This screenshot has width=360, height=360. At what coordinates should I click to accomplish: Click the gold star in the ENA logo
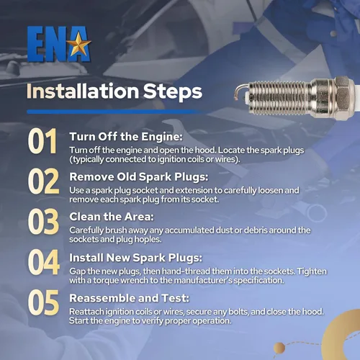click(x=78, y=44)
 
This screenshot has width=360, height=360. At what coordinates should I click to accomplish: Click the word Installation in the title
click(x=83, y=91)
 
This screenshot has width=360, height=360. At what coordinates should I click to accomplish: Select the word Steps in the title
click(x=173, y=92)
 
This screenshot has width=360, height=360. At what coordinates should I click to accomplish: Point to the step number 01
click(x=42, y=141)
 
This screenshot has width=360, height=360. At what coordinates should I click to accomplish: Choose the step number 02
click(x=43, y=181)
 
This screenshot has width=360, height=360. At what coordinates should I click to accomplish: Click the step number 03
click(x=43, y=221)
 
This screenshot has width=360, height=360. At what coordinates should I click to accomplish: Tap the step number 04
click(x=44, y=262)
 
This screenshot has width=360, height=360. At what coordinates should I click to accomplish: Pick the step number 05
click(x=43, y=302)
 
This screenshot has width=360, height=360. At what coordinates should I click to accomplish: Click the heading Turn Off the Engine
click(x=126, y=137)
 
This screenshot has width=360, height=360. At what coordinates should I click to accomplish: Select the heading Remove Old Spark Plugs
click(x=139, y=177)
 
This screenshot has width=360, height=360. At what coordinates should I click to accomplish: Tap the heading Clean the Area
click(x=112, y=217)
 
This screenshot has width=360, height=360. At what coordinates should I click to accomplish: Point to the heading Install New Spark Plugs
click(x=136, y=258)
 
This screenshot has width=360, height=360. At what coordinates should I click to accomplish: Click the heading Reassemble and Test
click(x=129, y=298)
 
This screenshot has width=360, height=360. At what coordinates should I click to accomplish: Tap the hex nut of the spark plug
click(x=343, y=97)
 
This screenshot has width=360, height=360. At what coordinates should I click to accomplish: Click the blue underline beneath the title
click(x=115, y=112)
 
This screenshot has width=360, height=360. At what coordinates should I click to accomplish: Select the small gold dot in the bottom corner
click(x=279, y=348)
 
